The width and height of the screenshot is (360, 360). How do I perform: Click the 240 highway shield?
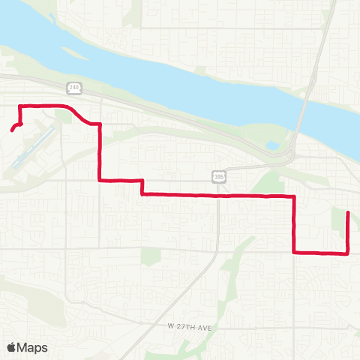73,88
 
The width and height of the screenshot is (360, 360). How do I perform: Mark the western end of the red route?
11,131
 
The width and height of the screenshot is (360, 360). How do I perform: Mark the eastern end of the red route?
348,213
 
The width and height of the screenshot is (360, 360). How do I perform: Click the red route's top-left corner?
19,105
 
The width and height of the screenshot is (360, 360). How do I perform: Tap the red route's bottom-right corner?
349,253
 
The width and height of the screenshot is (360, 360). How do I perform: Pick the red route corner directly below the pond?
294,196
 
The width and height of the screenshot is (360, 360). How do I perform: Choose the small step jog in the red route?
142,187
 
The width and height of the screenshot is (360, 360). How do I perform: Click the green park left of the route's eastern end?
337,219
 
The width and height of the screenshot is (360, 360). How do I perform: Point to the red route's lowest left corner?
294,252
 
